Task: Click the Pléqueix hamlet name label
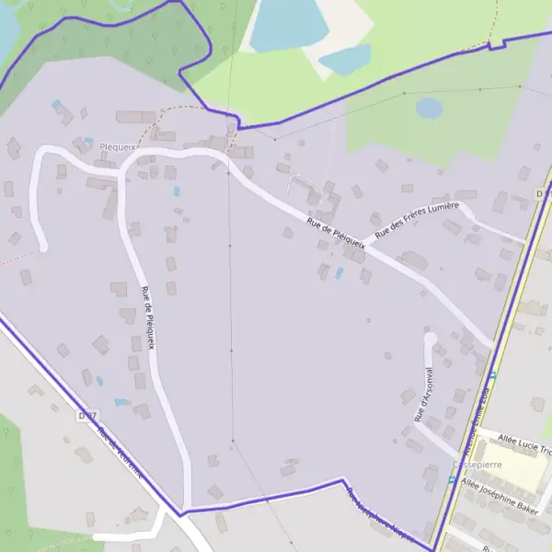point(117,146)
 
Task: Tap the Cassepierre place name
point(477,466)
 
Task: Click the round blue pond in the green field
point(429,109)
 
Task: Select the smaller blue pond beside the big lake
point(345,60)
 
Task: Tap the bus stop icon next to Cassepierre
point(452,479)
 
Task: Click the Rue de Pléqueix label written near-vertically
point(148,317)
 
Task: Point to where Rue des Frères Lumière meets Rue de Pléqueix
point(364,247)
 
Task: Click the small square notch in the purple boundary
point(497,43)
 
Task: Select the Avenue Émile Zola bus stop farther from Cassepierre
point(492,374)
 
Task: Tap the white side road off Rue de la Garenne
point(129,534)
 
